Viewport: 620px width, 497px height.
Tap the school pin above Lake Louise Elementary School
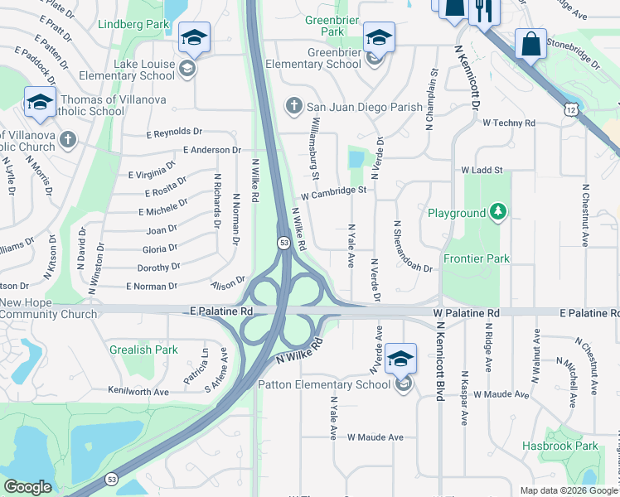[x=194, y=38]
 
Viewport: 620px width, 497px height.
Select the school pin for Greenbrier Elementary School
[x=379, y=38]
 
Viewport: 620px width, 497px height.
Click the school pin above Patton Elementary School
[x=400, y=359]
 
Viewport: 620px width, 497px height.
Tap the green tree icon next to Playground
[x=497, y=213]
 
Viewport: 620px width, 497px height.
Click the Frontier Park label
[x=477, y=258]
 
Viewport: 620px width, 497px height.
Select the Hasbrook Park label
[x=559, y=446]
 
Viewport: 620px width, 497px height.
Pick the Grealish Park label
[x=143, y=350]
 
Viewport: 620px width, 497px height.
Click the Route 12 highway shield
[x=569, y=109]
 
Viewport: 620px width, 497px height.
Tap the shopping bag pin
[x=530, y=44]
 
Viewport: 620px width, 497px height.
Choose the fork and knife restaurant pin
[x=481, y=10]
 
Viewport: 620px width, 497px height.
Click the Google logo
[x=27, y=487]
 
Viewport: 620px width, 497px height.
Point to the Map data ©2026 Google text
[x=568, y=490]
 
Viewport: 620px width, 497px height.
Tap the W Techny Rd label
[x=509, y=123]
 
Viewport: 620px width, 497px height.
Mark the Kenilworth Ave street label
[x=138, y=391]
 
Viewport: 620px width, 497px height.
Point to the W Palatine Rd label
[x=467, y=313]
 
